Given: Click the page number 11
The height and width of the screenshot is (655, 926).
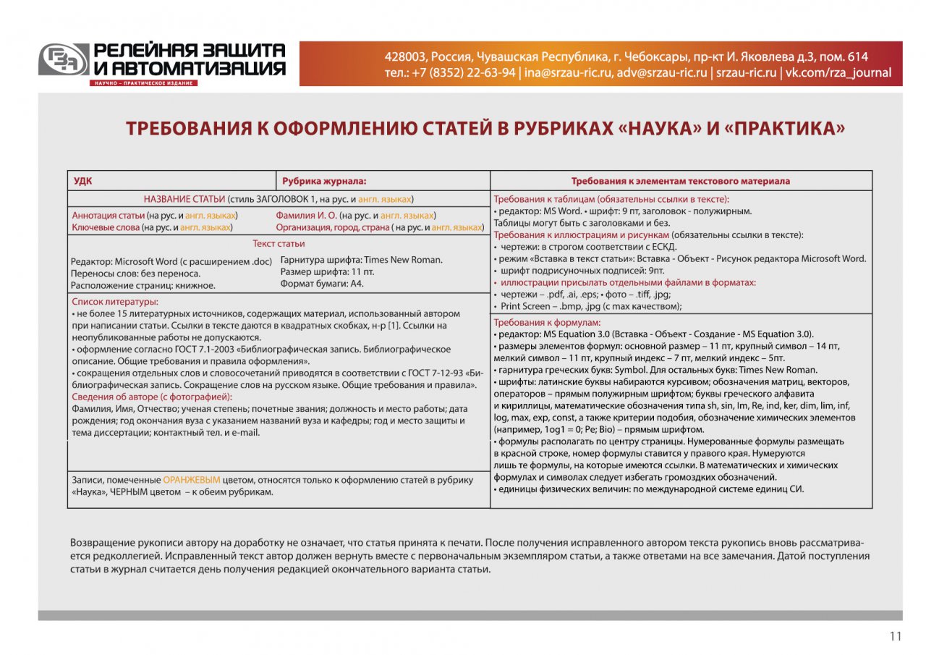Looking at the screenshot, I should coord(896,637).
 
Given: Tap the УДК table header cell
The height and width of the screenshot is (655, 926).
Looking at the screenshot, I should coord(83,181).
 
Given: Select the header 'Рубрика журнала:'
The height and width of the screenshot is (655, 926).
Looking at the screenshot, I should coord(324,181).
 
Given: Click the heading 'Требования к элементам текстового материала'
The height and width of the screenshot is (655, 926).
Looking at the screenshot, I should coord(680,181).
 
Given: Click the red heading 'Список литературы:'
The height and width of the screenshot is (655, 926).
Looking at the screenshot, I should coord(115,301).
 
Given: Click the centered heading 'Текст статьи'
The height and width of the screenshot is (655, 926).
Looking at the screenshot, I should coord(279,244).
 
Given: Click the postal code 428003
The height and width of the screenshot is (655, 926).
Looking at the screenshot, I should coord(404,56).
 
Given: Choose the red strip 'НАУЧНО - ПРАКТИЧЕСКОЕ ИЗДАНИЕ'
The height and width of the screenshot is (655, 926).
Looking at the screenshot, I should coord(143,83).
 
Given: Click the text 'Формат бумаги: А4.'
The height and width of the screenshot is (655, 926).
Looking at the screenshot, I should coord(322,284).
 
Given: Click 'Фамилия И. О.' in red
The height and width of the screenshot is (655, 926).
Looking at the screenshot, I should coord(306,215).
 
